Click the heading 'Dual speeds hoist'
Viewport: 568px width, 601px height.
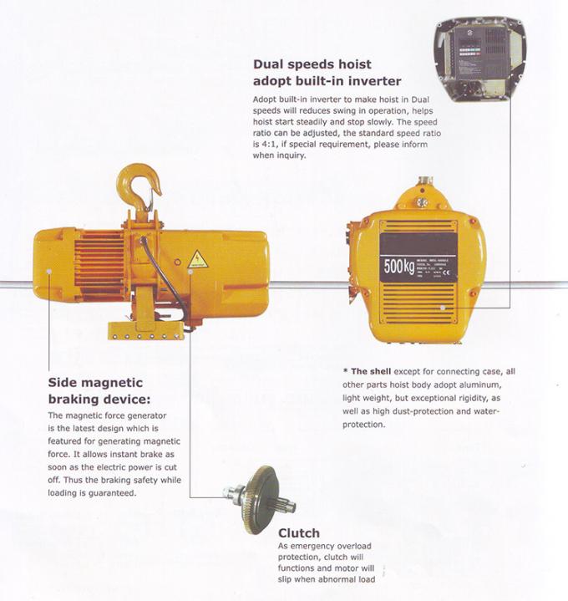[x=312, y=64]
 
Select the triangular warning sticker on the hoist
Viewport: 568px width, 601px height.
[x=197, y=259]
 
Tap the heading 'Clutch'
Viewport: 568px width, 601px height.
[x=299, y=532]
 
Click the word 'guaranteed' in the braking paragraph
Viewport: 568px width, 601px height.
[x=114, y=493]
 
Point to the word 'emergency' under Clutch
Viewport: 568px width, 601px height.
[x=307, y=547]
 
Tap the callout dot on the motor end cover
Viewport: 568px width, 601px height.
[x=50, y=271]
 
